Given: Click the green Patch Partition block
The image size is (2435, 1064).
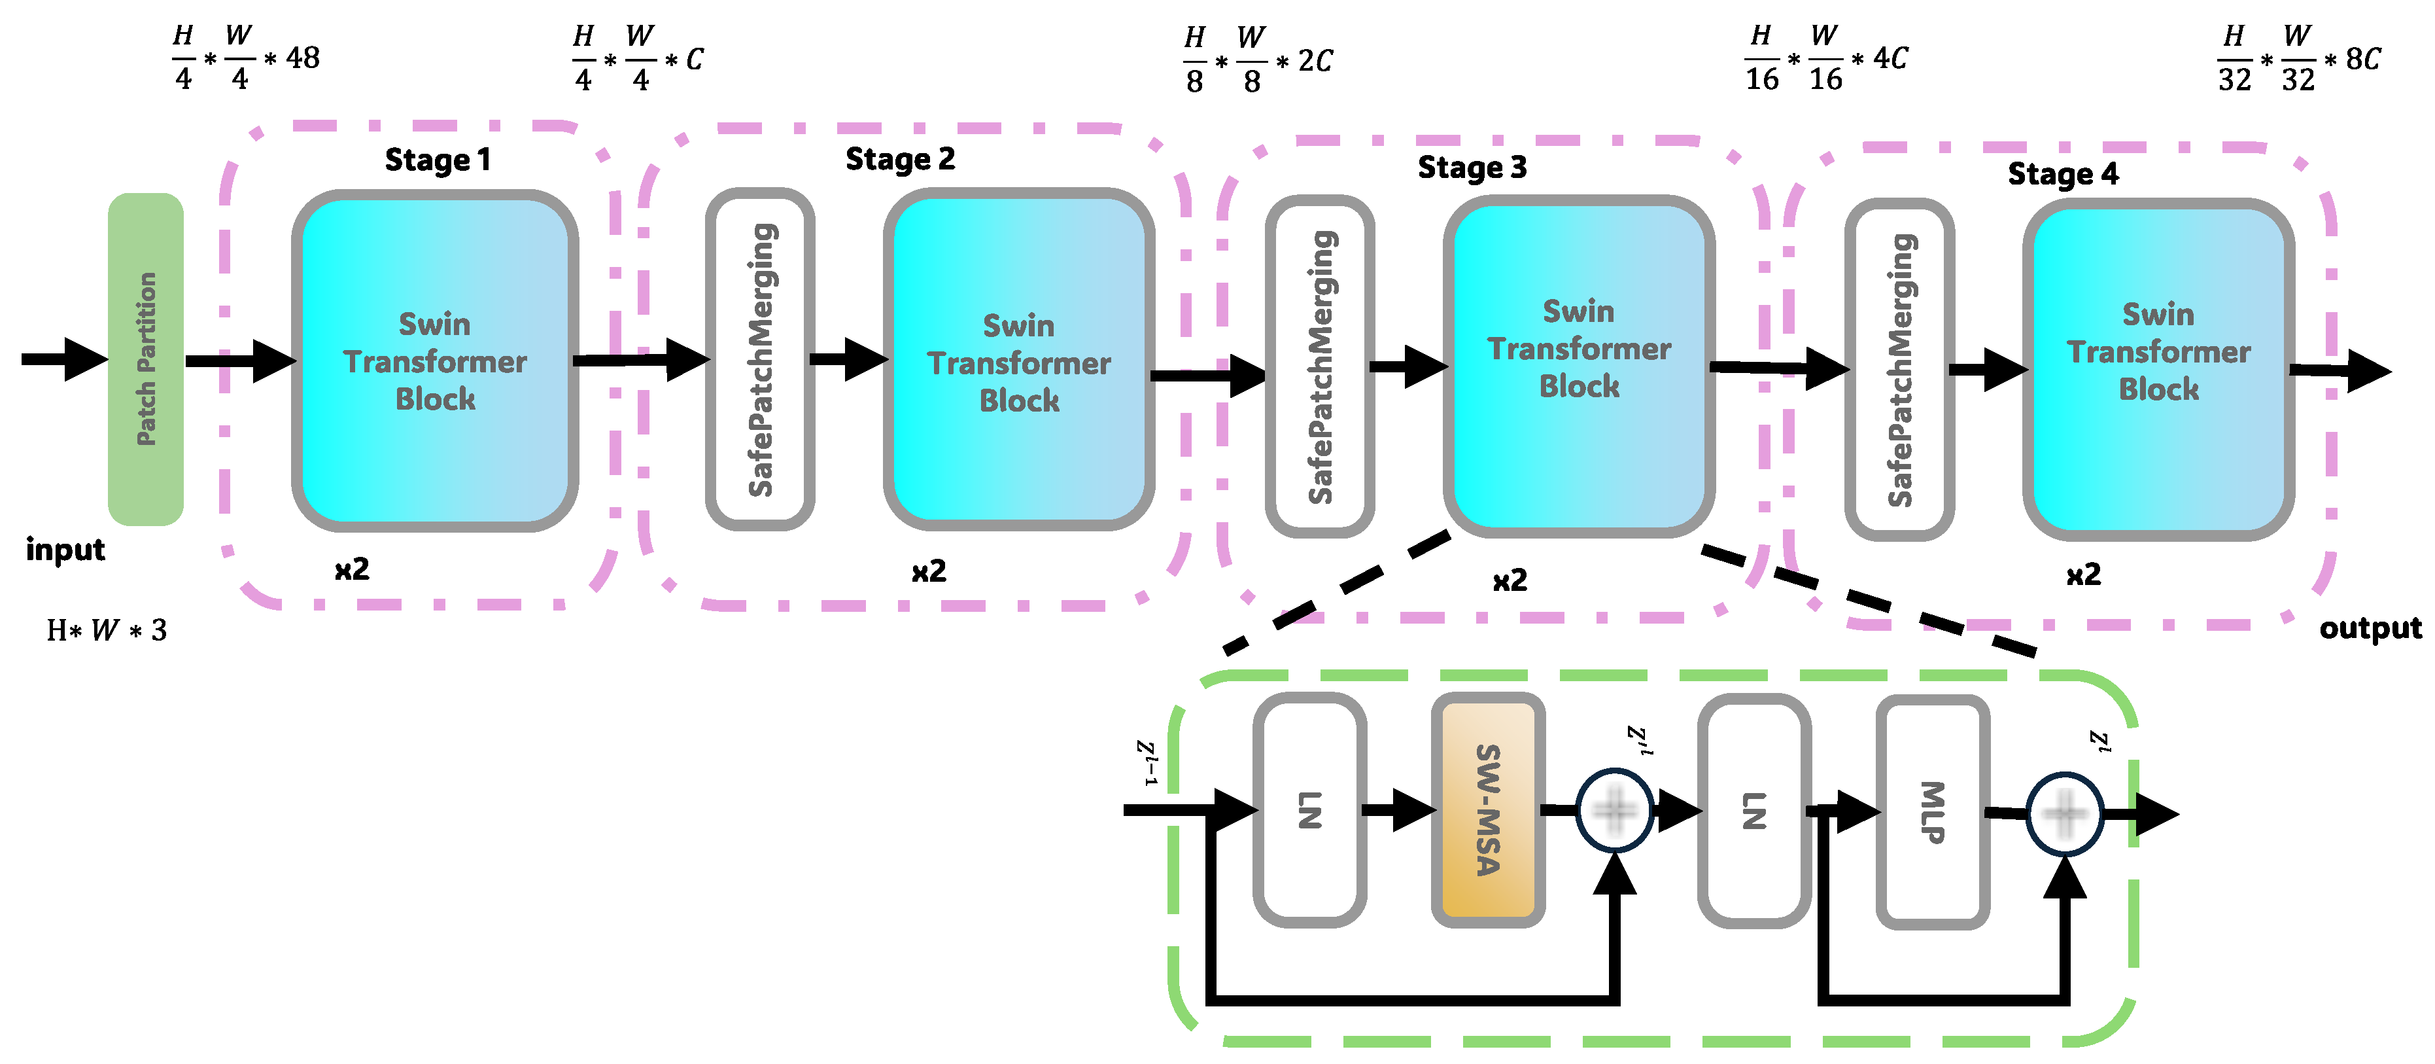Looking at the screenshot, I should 146,359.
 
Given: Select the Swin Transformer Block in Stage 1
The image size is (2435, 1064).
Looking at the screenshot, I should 435,361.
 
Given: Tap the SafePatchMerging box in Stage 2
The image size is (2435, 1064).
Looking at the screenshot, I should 760,359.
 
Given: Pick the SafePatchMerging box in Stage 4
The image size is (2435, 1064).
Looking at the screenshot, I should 1899,370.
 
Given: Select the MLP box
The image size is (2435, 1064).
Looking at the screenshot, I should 1932,811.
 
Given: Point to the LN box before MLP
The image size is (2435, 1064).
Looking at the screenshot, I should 1753,811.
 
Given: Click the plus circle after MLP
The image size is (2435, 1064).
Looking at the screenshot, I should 2064,814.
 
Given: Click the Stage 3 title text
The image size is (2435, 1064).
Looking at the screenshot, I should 1472,168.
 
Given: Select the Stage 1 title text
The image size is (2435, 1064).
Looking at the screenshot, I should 438,160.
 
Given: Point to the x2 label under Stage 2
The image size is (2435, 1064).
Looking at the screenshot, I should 928,571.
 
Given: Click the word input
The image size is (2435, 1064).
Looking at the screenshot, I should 65,550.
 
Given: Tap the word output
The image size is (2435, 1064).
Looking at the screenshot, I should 2370,628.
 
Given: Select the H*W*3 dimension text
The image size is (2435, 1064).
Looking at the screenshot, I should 107,630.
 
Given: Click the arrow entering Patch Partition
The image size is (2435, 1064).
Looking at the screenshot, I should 64,359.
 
